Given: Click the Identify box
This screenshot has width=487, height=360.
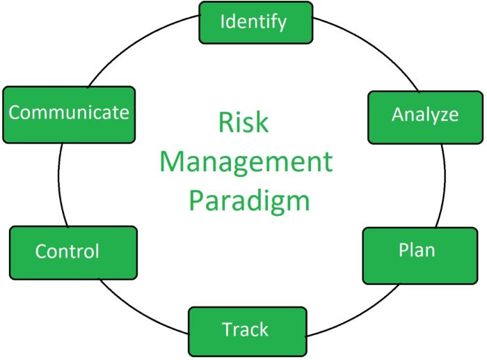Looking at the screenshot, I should click(x=253, y=22).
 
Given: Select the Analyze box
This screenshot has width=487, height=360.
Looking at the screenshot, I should click(x=424, y=115).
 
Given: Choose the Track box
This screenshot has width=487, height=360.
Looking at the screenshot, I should click(x=247, y=329).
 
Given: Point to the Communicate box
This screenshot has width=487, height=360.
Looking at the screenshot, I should click(x=68, y=114).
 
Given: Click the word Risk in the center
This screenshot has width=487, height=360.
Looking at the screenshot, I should click(x=243, y=124).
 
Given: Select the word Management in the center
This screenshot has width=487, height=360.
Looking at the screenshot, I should click(x=246, y=163).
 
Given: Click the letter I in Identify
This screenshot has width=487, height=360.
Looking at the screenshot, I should click(x=223, y=22).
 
